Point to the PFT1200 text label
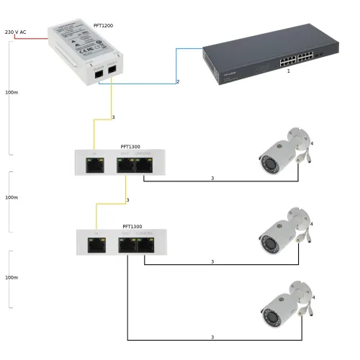click(103, 26)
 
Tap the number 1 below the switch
click(289, 71)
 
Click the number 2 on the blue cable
click(177, 81)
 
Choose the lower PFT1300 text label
click(132, 226)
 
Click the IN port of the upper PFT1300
click(94, 165)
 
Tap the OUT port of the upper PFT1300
click(126, 165)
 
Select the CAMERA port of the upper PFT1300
click(144, 165)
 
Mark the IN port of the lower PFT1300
click(95, 245)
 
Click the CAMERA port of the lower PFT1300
click(145, 245)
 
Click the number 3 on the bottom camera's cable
click(212, 337)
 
